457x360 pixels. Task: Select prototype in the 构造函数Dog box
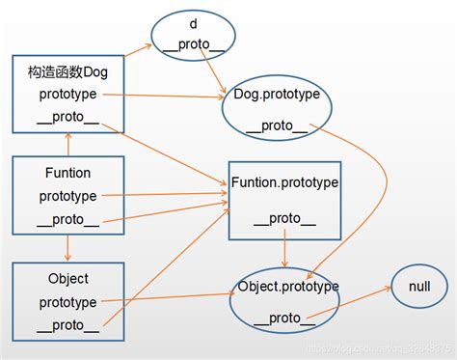point(67,95)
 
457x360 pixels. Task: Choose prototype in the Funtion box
point(67,196)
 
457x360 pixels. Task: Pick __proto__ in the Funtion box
point(67,219)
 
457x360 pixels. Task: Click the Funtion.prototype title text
point(284,181)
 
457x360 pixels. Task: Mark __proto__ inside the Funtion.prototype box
point(284,219)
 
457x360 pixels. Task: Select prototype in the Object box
point(67,302)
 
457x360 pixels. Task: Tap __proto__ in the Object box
point(67,325)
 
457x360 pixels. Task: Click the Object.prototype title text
point(287,287)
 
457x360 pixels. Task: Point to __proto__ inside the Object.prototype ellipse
point(286,318)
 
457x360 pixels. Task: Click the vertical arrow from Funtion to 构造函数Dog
point(67,146)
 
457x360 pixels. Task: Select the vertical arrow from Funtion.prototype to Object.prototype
point(284,254)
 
